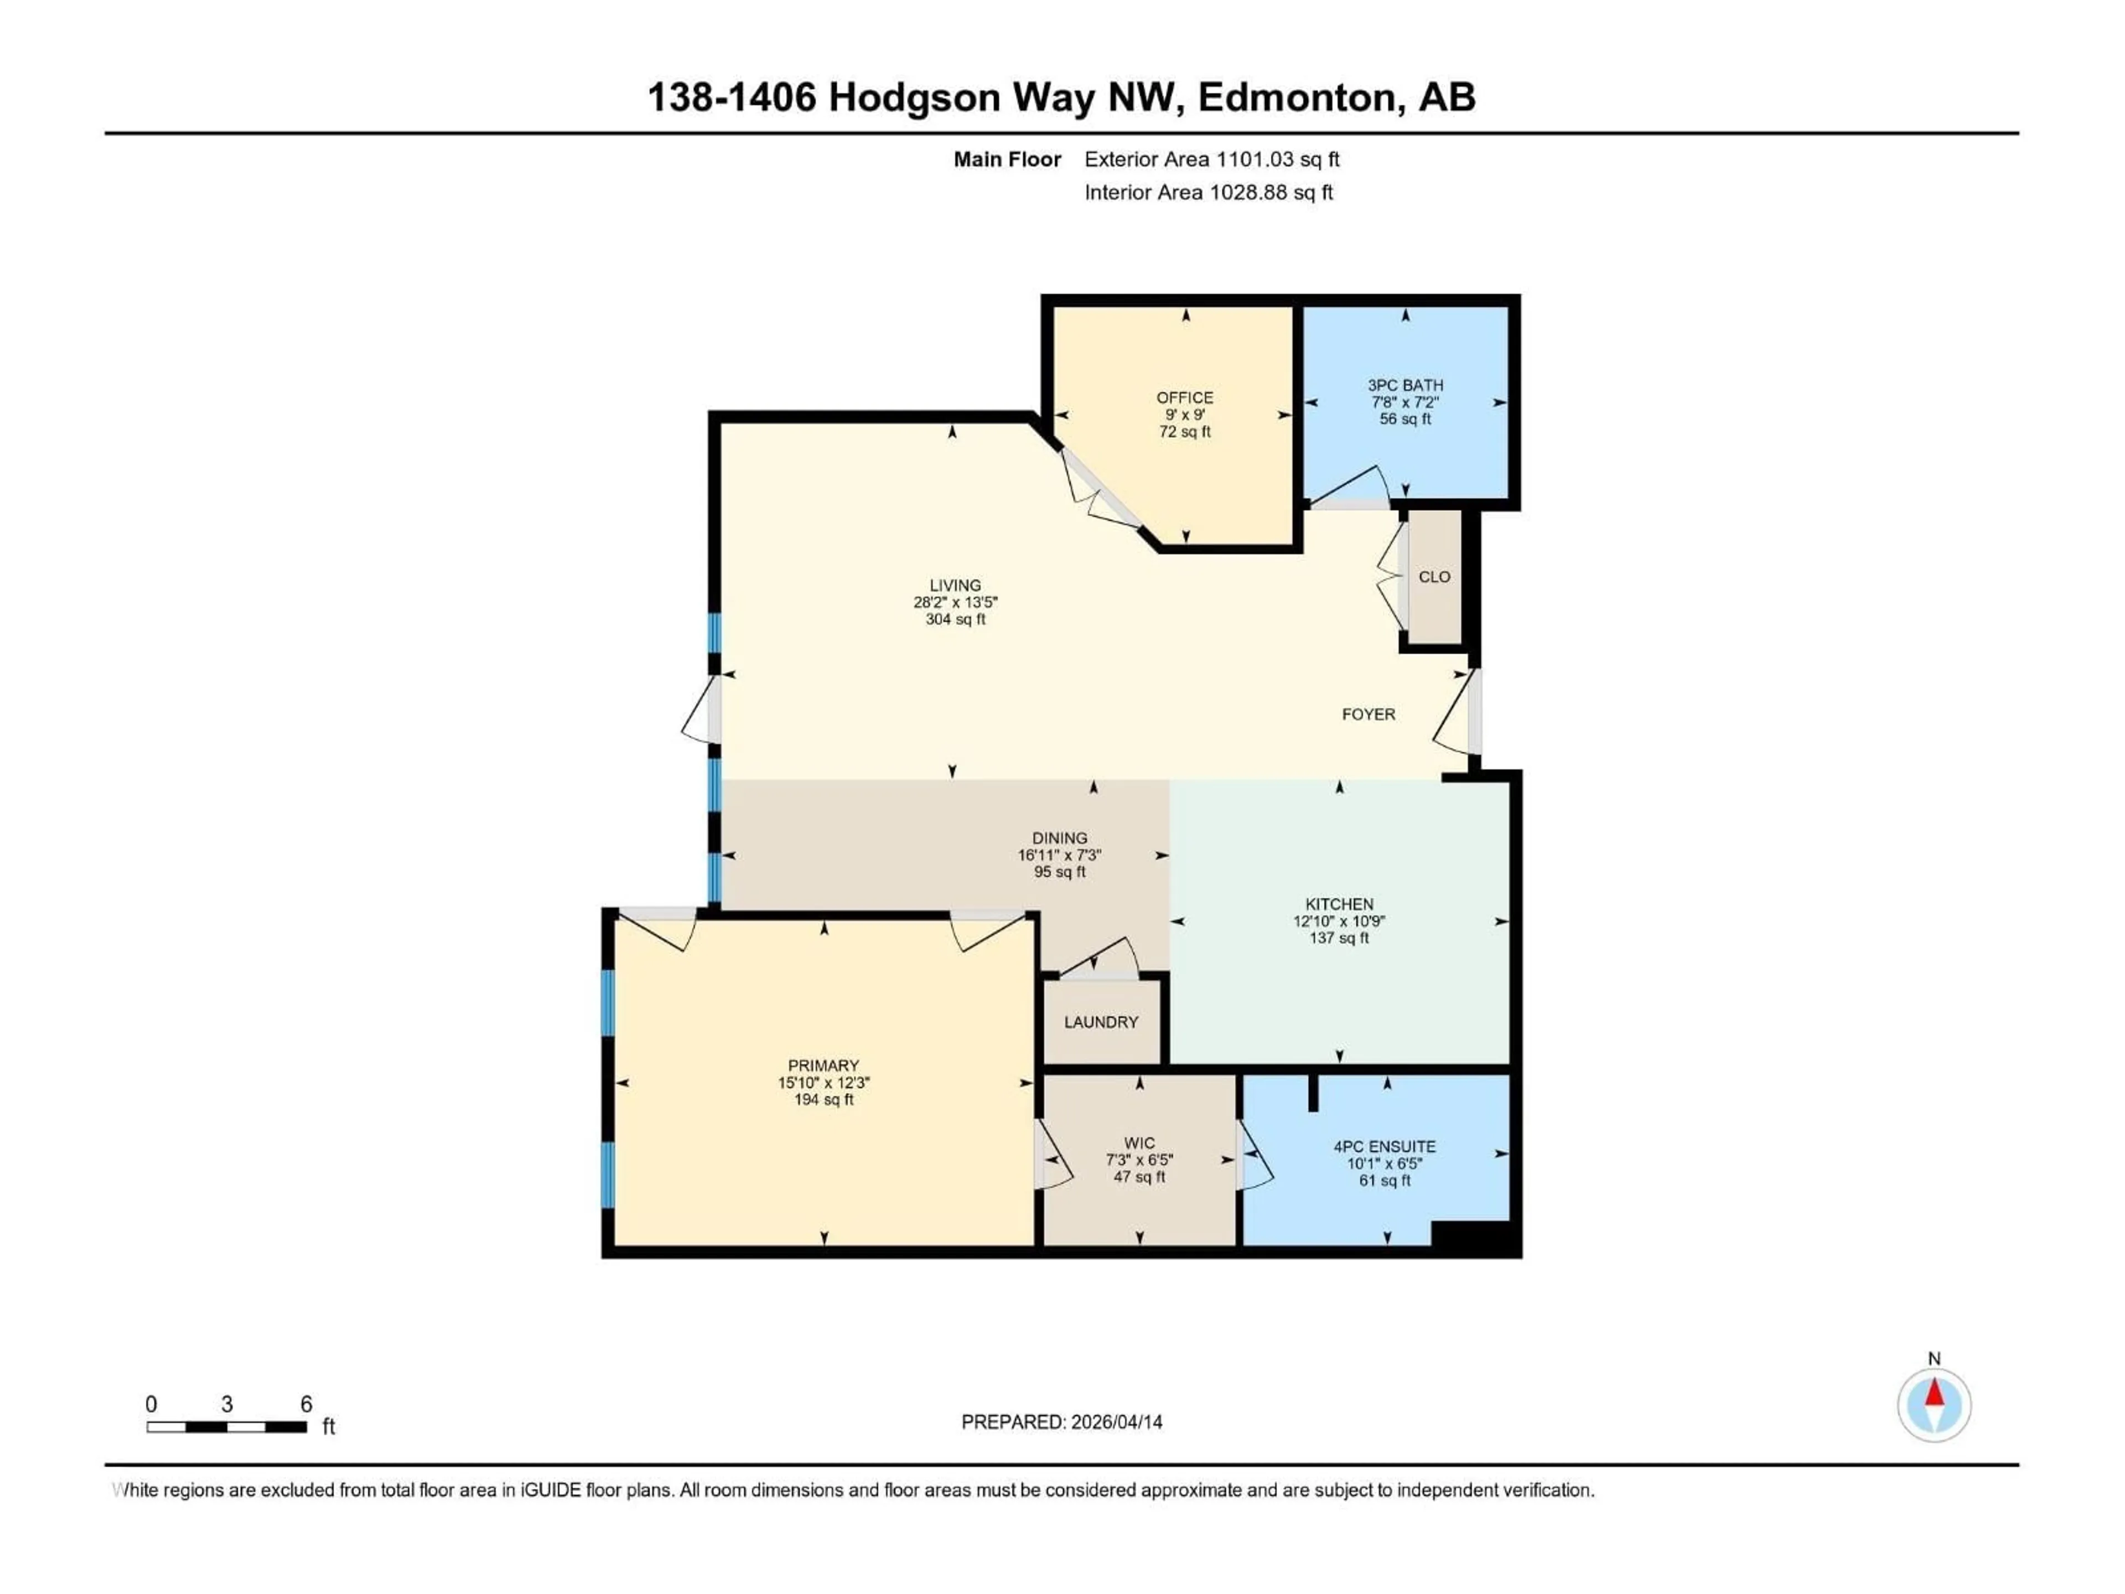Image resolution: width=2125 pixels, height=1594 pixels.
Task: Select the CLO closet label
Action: point(1434,577)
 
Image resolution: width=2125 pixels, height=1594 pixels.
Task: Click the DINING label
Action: point(1060,838)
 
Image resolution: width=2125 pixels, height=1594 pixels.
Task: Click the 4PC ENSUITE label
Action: point(1385,1146)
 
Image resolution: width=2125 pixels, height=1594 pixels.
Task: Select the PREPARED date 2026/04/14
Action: point(1115,1422)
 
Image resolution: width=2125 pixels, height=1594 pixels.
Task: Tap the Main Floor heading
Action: point(1007,159)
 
